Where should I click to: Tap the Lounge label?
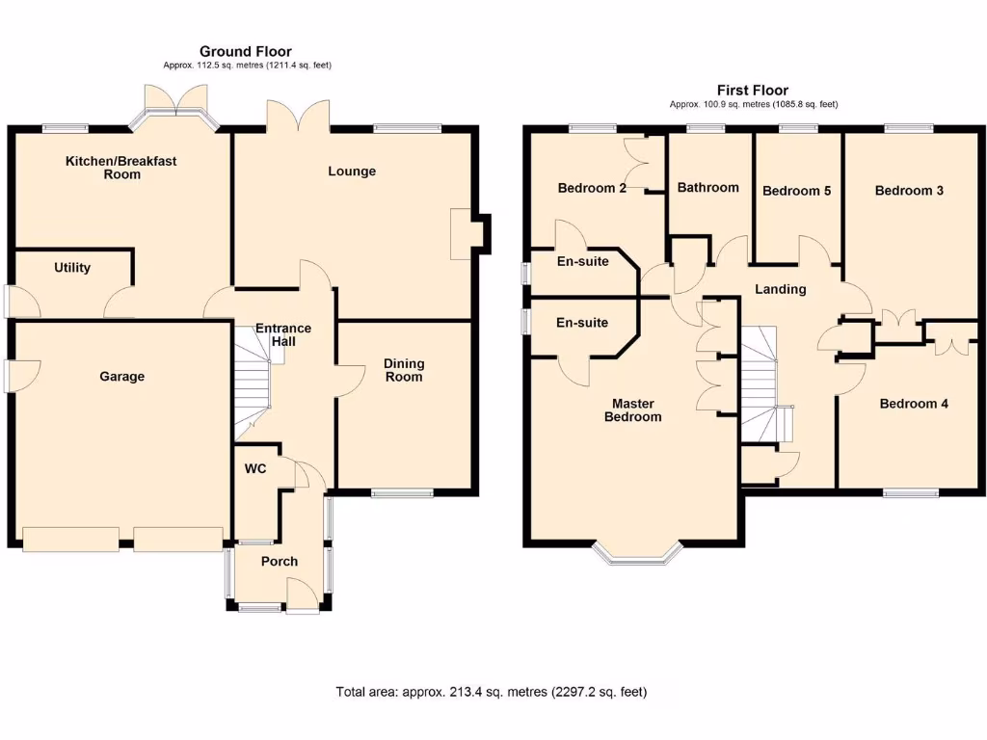point(352,172)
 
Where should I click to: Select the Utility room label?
point(72,267)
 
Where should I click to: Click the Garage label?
point(121,377)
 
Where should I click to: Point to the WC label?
point(255,468)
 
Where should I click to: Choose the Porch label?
point(280,561)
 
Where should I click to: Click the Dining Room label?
point(404,370)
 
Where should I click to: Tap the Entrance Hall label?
point(283,334)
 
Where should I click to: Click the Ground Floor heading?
point(246,51)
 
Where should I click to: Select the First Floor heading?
point(753,90)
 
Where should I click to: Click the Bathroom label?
point(707,187)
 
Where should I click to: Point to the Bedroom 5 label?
point(796,191)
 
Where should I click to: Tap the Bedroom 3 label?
point(909,190)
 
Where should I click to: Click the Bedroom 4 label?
point(914,404)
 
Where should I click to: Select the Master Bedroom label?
point(632,410)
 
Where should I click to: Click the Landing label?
point(780,289)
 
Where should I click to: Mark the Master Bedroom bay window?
point(637,552)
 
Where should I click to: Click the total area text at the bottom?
point(492,691)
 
